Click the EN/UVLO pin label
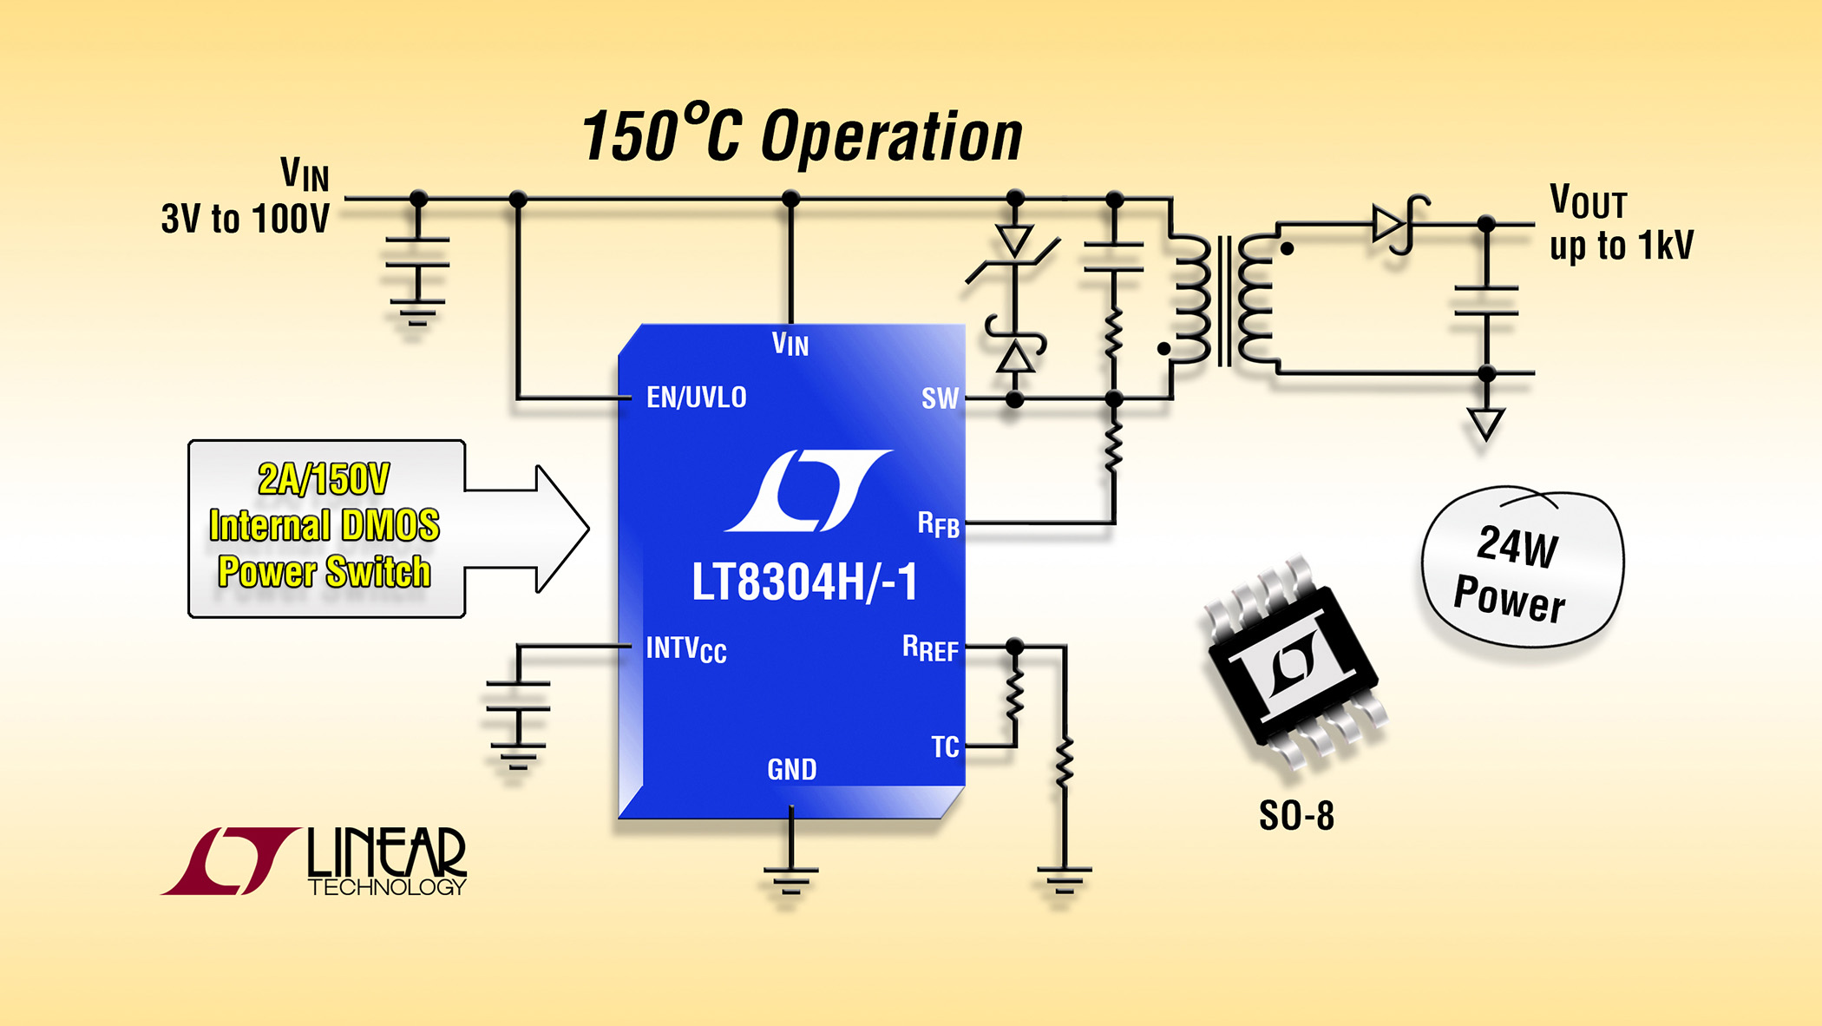click(696, 398)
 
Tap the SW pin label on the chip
click(940, 398)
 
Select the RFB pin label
click(938, 524)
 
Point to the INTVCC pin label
click(685, 648)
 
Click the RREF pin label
click(930, 648)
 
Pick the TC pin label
click(945, 746)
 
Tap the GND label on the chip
click(791, 769)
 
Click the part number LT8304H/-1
click(804, 582)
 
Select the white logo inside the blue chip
click(808, 490)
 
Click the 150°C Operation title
click(802, 136)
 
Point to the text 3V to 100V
click(245, 219)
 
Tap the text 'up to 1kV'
click(1621, 246)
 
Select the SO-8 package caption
click(1296, 816)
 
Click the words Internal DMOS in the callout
click(324, 526)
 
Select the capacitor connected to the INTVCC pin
click(518, 696)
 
